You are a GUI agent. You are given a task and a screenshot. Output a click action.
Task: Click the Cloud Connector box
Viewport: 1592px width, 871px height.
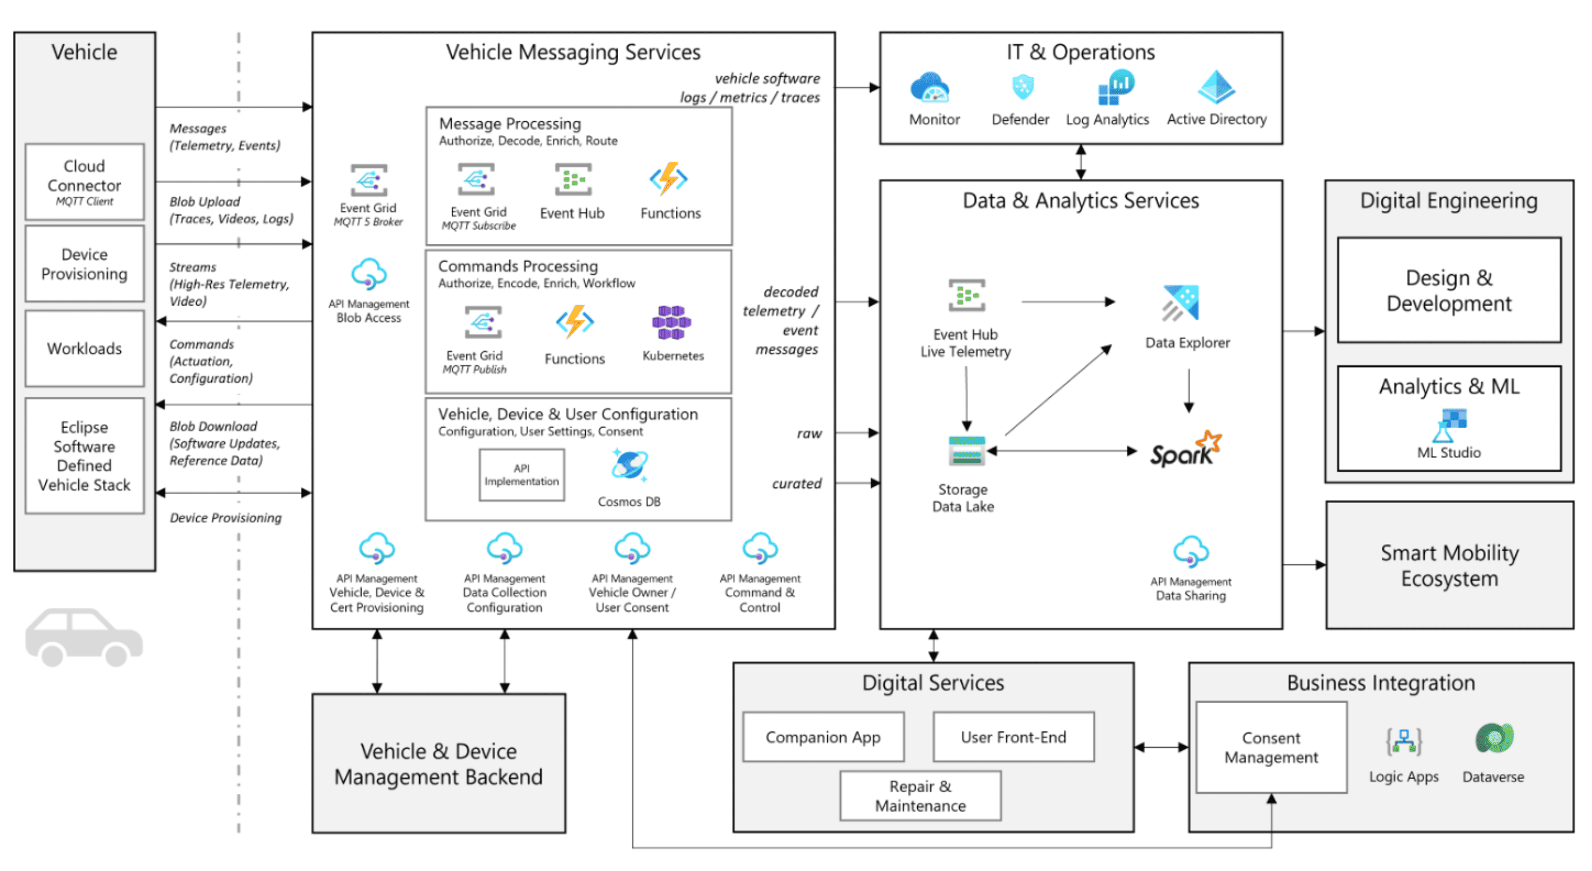[84, 182]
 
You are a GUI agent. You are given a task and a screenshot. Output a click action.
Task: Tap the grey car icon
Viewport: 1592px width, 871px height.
[84, 637]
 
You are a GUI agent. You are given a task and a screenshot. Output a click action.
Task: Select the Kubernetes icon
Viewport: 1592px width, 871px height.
[671, 322]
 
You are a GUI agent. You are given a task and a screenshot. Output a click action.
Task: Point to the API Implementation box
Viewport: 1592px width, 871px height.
[521, 475]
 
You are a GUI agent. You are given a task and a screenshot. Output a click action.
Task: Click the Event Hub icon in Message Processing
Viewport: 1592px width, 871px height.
[572, 180]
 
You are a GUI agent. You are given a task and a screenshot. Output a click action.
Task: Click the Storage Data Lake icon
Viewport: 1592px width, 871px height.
[966, 451]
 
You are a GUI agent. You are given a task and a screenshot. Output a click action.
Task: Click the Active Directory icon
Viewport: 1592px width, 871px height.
[1216, 87]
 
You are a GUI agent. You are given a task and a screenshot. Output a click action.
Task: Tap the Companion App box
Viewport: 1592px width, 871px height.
[822, 737]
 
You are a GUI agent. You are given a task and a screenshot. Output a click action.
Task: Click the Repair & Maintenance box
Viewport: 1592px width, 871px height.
[920, 796]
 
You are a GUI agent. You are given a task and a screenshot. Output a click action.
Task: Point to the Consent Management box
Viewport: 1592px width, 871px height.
[1271, 747]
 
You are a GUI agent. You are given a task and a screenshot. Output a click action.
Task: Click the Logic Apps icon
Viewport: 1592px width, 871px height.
[1404, 742]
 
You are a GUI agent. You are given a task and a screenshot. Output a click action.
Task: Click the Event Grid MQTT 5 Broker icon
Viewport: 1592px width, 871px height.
[369, 181]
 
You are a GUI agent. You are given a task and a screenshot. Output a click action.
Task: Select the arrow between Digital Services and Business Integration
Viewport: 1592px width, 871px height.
[1161, 747]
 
